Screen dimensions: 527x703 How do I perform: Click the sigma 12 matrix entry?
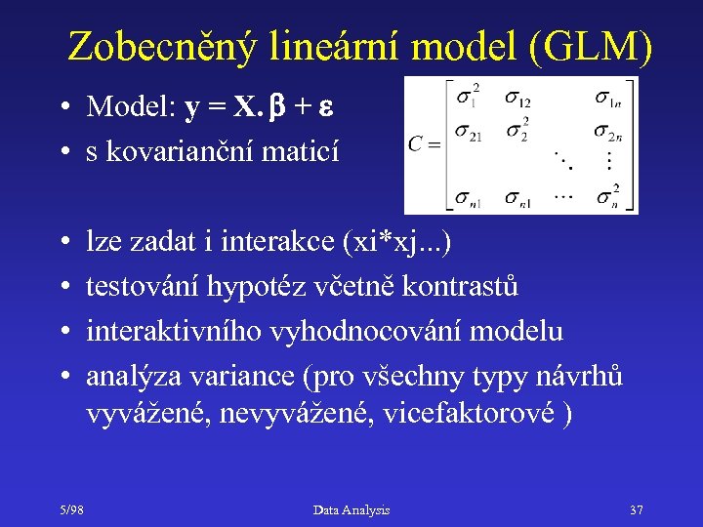[517, 98]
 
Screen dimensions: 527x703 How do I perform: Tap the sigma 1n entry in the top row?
[609, 98]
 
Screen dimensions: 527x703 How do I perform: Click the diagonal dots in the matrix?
[563, 158]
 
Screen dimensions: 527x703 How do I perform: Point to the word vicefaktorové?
[475, 414]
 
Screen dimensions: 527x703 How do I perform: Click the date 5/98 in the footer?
[69, 509]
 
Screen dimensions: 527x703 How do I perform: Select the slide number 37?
[637, 509]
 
